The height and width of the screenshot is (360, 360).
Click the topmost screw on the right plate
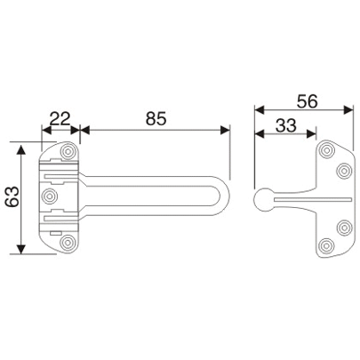[328, 150]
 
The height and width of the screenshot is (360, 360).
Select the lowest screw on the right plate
[328, 246]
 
